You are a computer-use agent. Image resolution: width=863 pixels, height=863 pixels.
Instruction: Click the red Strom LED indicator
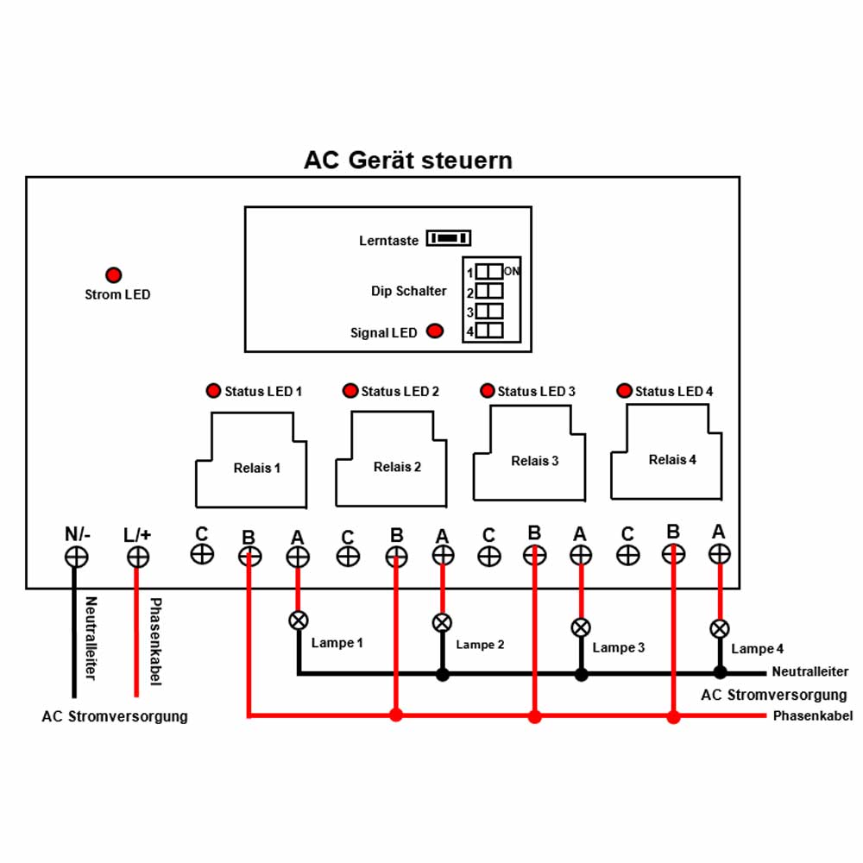(x=113, y=274)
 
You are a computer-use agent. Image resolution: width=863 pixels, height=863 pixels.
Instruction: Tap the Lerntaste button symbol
(x=449, y=238)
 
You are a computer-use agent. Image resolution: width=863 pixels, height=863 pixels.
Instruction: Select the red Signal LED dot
(x=435, y=331)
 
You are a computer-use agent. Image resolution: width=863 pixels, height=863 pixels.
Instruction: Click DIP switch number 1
(x=489, y=271)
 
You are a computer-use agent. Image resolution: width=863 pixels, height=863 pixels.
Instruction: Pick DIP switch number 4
(x=489, y=331)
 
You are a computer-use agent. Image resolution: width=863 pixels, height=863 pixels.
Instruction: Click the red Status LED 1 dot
(x=213, y=391)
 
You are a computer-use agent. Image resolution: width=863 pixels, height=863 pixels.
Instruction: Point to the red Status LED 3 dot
(x=487, y=391)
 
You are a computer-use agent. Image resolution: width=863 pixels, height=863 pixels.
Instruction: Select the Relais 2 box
(x=391, y=459)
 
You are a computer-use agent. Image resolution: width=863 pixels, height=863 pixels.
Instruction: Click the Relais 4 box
(x=666, y=452)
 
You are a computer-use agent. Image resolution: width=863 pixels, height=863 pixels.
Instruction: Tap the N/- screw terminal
(x=77, y=557)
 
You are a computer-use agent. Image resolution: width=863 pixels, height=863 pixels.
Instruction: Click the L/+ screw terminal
(x=137, y=557)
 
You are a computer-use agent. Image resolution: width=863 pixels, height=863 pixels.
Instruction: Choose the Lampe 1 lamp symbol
(x=299, y=620)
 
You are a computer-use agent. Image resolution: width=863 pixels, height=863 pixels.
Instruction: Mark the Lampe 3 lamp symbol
(x=581, y=627)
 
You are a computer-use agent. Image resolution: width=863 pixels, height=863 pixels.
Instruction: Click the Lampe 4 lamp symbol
(x=720, y=628)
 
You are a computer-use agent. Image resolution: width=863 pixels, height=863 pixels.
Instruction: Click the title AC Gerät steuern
(x=408, y=161)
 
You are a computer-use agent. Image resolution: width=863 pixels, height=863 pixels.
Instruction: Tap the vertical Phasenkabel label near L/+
(x=156, y=642)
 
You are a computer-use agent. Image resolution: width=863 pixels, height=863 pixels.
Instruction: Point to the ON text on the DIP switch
(x=512, y=271)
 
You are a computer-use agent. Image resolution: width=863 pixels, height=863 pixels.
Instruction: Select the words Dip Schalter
(x=409, y=291)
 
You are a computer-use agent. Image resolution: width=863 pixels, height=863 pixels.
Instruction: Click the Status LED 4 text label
(x=674, y=391)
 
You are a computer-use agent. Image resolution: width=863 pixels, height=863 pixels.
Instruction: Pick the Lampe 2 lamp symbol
(x=442, y=623)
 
